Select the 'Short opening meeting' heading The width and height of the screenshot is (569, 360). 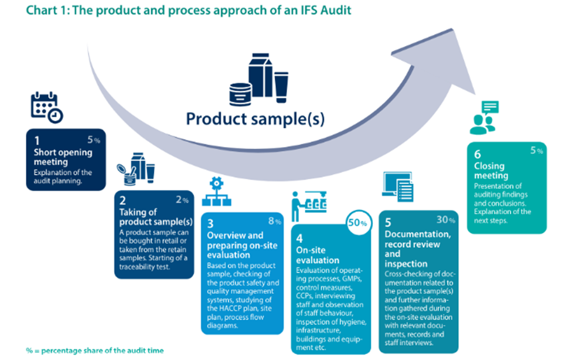click(63, 156)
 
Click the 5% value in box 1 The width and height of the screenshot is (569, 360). click(94, 141)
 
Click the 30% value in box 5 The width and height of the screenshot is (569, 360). click(446, 220)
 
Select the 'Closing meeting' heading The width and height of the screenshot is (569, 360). click(491, 171)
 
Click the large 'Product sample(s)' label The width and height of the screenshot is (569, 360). click(255, 118)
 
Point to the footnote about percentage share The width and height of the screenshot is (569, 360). click(94, 350)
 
